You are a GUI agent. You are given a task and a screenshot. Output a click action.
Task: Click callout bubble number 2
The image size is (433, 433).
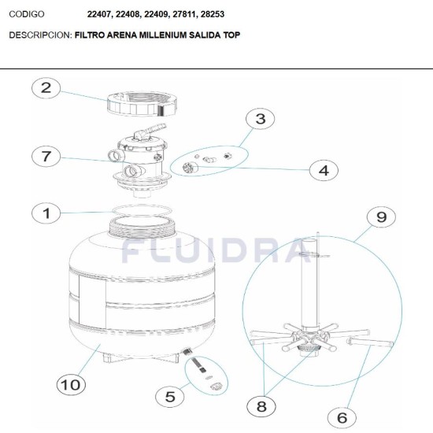point(46,88)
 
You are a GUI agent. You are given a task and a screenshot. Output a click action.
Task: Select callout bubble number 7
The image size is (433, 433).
point(46,156)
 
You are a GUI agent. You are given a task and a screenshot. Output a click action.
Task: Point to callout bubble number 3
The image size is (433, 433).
point(261,119)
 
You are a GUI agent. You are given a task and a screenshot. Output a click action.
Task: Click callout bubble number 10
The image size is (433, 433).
point(69,384)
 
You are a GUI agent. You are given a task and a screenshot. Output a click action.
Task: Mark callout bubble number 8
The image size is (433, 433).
point(261,406)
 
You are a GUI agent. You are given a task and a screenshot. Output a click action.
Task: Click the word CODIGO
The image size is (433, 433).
point(27,14)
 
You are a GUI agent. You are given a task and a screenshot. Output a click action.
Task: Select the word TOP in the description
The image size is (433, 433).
point(232,35)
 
